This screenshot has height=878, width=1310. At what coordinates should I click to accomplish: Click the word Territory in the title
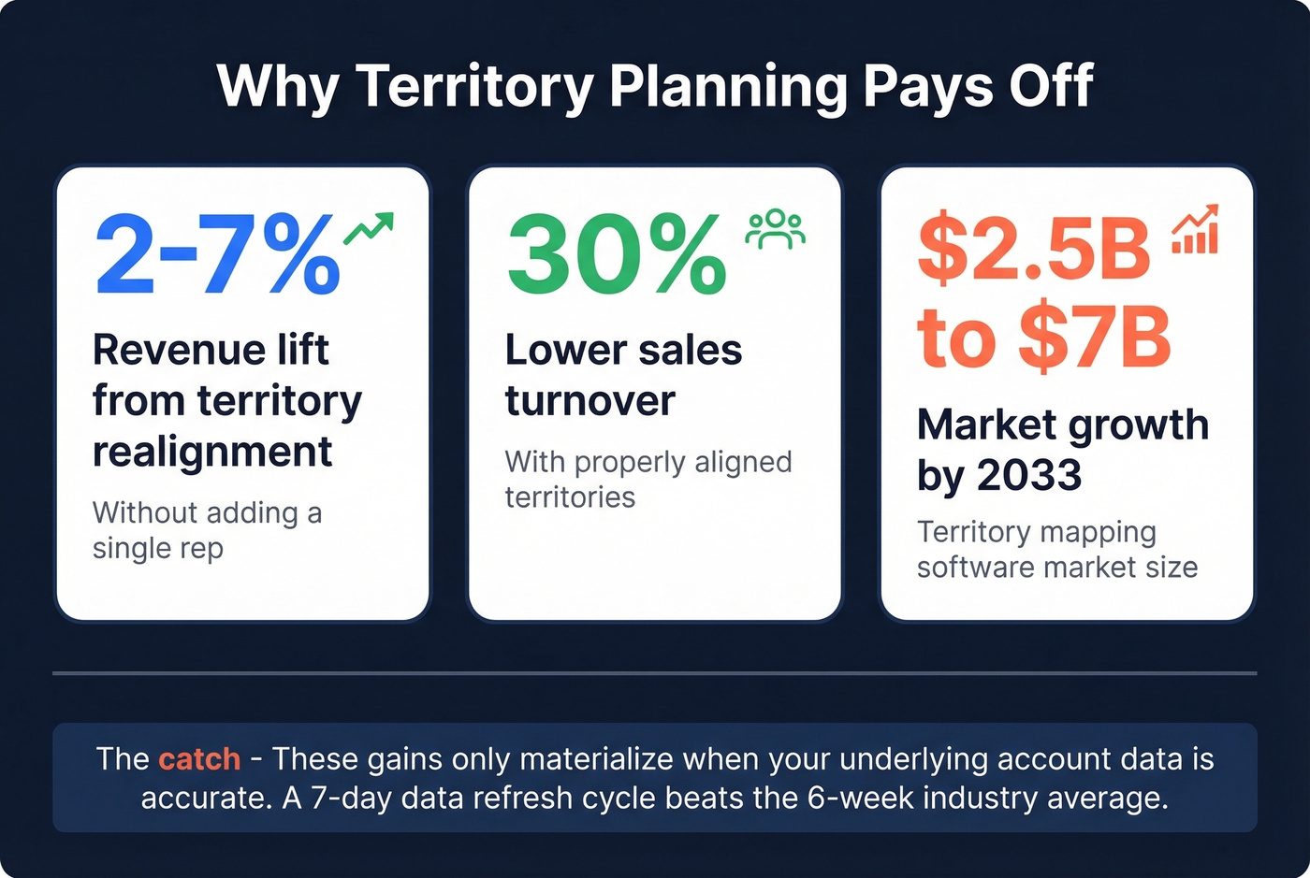coord(475,87)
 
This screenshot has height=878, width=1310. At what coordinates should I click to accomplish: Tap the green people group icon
coord(775,229)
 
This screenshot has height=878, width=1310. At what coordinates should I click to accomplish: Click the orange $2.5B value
coord(1034,250)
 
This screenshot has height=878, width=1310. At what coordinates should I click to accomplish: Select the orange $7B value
coord(1094,337)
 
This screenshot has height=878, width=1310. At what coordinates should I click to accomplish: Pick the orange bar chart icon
coord(1195,229)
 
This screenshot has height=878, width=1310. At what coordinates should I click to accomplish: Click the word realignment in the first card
coord(212,452)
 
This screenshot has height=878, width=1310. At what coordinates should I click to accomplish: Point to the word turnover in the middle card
coord(589,401)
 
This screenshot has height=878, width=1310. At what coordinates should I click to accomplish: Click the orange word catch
coord(199,758)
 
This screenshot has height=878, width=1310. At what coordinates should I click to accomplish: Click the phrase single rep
coord(157,548)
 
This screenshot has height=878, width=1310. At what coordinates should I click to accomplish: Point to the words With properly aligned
coord(648,462)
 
